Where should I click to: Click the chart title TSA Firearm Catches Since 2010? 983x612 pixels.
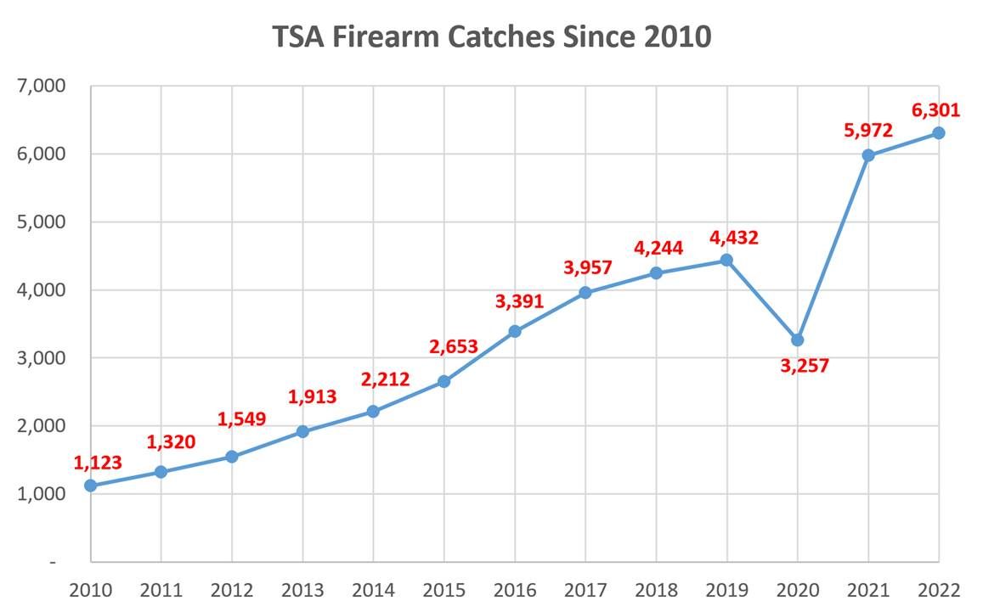pyautogui.click(x=491, y=36)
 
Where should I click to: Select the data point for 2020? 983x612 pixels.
pyautogui.click(x=797, y=340)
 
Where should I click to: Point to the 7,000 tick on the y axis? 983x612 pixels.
pyautogui.click(x=42, y=87)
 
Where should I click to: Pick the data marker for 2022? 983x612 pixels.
pyautogui.click(x=938, y=133)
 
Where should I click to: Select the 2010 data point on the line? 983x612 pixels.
pyautogui.click(x=90, y=486)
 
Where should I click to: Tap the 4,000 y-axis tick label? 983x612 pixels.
pyautogui.click(x=42, y=290)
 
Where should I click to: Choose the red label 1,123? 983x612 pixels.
pyautogui.click(x=97, y=463)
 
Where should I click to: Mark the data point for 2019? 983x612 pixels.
pyautogui.click(x=726, y=260)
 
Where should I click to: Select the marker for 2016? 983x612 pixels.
pyautogui.click(x=514, y=331)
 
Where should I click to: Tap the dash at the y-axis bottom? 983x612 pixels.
pyautogui.click(x=53, y=562)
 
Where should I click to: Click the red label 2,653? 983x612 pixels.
pyautogui.click(x=453, y=346)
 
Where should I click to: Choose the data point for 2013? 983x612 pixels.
pyautogui.click(x=302, y=432)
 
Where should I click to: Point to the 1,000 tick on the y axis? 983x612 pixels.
pyautogui.click(x=42, y=494)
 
